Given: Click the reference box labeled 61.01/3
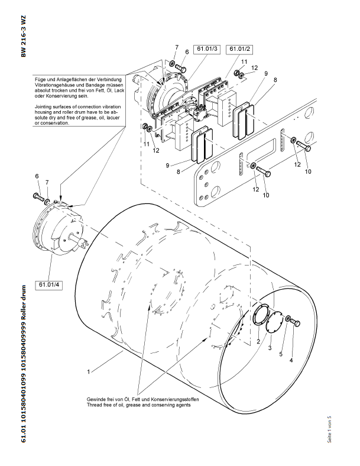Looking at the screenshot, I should [x=207, y=48].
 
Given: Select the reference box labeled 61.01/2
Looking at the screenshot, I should [x=239, y=48].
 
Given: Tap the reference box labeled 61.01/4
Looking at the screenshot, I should [x=50, y=284].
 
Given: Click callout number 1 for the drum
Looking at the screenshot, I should [x=88, y=372].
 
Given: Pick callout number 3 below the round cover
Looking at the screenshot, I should [x=270, y=350].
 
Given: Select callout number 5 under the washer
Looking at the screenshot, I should [x=281, y=354].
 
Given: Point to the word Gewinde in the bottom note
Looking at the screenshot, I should [x=96, y=400].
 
